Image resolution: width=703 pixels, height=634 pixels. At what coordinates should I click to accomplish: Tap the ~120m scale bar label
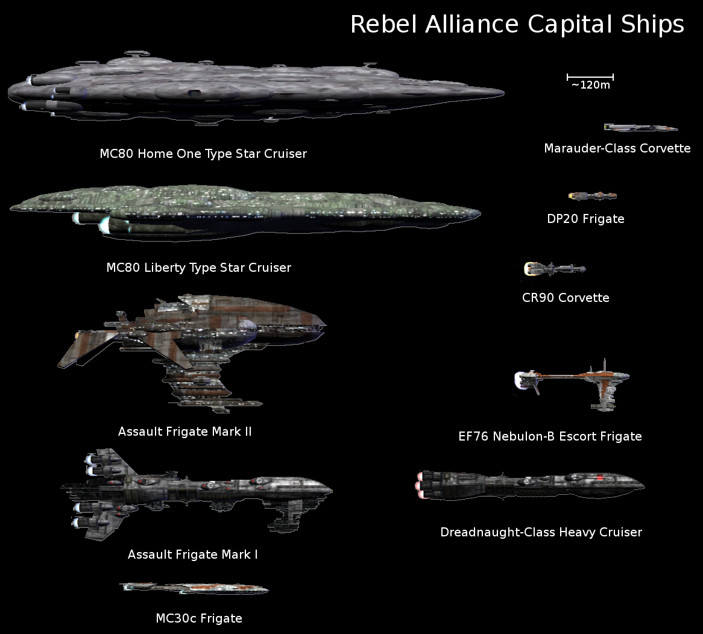pos(590,85)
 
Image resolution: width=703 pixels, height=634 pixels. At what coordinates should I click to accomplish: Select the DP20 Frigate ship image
pos(592,196)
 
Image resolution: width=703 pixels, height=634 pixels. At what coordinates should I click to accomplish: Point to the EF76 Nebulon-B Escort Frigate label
pos(550,436)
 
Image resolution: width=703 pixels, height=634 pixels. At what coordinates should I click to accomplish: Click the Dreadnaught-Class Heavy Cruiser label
pos(541,532)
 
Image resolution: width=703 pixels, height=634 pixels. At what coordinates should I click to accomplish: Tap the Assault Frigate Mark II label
pos(184,432)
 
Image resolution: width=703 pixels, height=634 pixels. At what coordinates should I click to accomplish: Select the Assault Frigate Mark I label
pos(192,554)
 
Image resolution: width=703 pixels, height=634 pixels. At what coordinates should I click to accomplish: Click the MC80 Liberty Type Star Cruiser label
pos(198,268)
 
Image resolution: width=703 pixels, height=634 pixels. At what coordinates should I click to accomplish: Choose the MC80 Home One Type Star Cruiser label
pos(203,154)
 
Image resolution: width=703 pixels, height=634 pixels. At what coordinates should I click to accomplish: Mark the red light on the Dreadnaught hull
pos(601,477)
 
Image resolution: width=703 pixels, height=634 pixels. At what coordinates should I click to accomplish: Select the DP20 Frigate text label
pos(585,219)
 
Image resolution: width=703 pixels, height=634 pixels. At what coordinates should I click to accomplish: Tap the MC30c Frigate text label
pos(198,618)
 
